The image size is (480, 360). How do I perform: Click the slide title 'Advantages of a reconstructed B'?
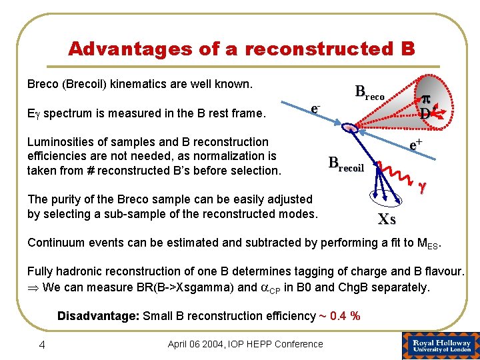(241, 49)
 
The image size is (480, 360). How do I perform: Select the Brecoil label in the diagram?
(346, 164)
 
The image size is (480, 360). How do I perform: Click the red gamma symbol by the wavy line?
(421, 189)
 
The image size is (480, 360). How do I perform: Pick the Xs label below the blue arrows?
(386, 219)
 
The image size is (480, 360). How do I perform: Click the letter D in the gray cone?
(425, 113)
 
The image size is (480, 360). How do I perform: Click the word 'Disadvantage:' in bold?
(98, 316)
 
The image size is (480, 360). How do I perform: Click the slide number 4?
(41, 344)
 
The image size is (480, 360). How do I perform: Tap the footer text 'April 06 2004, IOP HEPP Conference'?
(245, 344)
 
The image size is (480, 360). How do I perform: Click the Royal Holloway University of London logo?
(440, 345)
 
